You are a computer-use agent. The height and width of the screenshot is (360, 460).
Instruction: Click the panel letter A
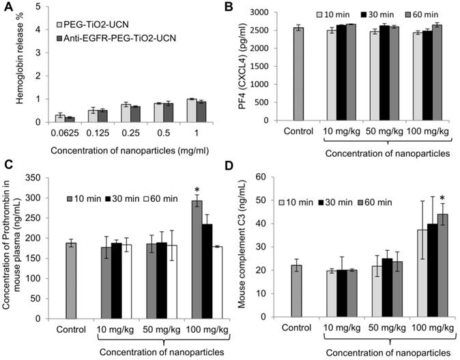8,7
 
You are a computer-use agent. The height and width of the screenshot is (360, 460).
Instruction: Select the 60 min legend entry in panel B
416,14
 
